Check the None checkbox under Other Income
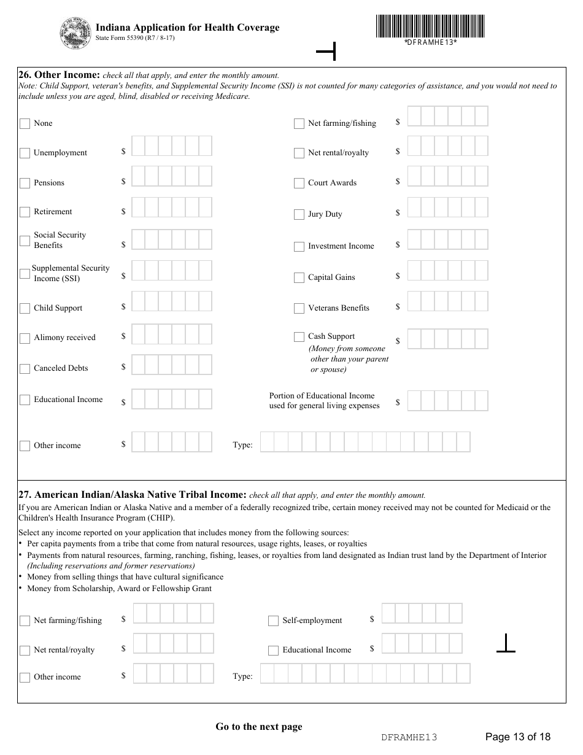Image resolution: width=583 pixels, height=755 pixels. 25,123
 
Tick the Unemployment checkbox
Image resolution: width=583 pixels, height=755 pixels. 25,153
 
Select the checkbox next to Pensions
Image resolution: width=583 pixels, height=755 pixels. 25,183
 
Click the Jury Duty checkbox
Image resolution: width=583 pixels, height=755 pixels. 299,214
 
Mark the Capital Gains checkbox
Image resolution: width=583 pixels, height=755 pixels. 299,277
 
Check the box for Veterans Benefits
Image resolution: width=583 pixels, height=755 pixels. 299,308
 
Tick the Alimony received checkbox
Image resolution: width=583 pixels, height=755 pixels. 25,338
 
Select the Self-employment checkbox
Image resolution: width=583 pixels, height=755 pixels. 273,621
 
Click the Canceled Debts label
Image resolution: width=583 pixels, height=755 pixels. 61,368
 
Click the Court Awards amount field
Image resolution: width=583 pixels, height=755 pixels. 447,176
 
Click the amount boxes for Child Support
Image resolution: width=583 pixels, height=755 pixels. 172,301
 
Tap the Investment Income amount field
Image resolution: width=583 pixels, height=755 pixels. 447,239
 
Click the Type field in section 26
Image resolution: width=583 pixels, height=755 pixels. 365,442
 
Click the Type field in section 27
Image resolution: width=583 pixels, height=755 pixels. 365,674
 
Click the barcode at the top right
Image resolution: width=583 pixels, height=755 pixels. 430,26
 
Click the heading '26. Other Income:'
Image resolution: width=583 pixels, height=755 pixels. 59,75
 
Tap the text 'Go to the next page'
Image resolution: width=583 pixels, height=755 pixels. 258,727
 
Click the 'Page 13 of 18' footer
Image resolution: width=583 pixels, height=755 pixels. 517,737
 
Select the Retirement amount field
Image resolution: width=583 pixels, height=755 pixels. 172,207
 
